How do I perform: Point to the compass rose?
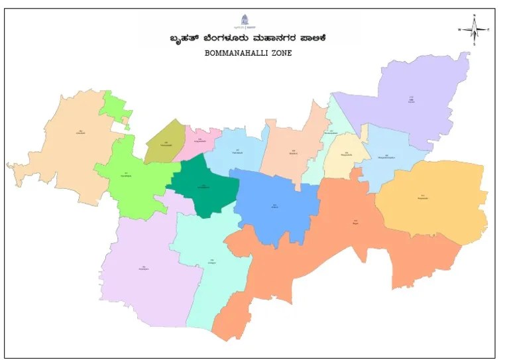point(474,29)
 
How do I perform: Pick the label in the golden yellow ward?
point(424,196)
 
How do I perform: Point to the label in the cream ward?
point(345,154)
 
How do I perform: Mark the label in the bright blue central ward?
point(274,206)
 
